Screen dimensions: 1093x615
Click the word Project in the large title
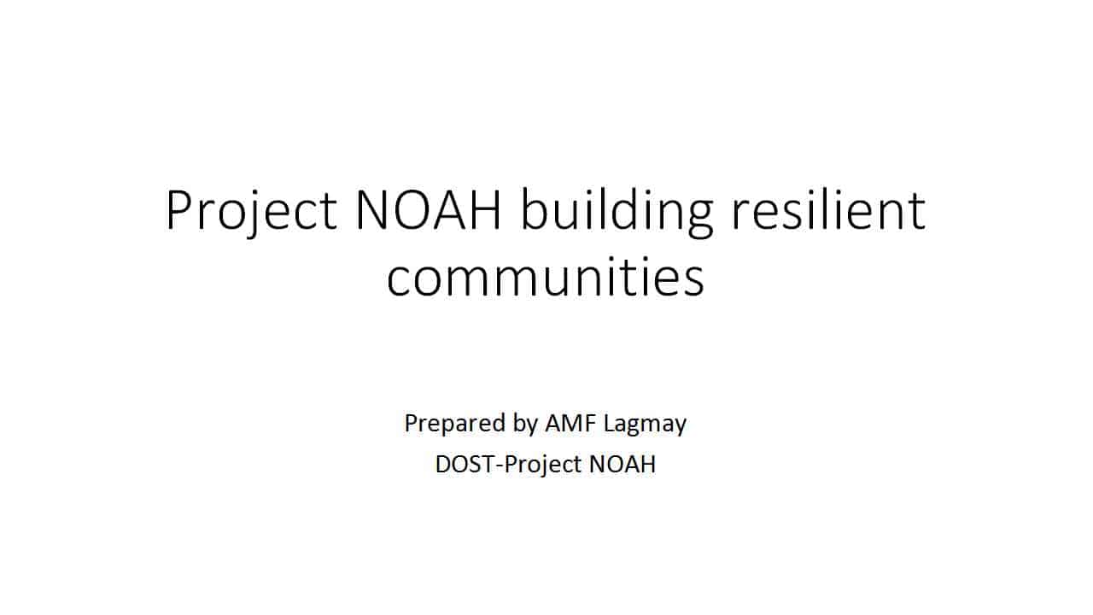[251, 211]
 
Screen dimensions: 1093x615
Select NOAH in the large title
[429, 210]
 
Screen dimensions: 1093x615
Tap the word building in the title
[617, 211]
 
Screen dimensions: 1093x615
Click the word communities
[546, 275]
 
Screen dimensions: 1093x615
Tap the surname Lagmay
[645, 425]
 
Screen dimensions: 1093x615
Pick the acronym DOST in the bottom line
[465, 464]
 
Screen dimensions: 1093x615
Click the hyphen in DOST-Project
[499, 466]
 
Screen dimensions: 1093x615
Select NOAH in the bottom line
[622, 464]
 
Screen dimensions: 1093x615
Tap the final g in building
[698, 218]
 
